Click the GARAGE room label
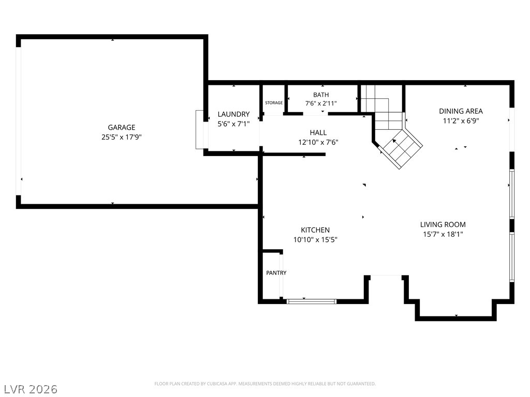point(121,127)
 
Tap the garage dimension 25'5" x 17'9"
point(121,137)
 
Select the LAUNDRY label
point(233,114)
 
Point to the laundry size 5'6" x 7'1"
point(233,124)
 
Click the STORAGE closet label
point(274,103)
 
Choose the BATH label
point(321,95)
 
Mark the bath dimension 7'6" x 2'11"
point(321,103)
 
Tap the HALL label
point(318,133)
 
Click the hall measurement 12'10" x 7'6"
point(318,143)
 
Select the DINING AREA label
point(461,111)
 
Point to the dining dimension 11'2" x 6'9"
point(461,121)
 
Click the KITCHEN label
point(315,230)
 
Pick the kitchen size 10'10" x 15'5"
point(315,240)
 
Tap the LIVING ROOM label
point(443,224)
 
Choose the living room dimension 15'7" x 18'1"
point(443,234)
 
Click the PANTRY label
point(276,273)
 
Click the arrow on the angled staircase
point(394,141)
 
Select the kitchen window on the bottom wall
point(312,301)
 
